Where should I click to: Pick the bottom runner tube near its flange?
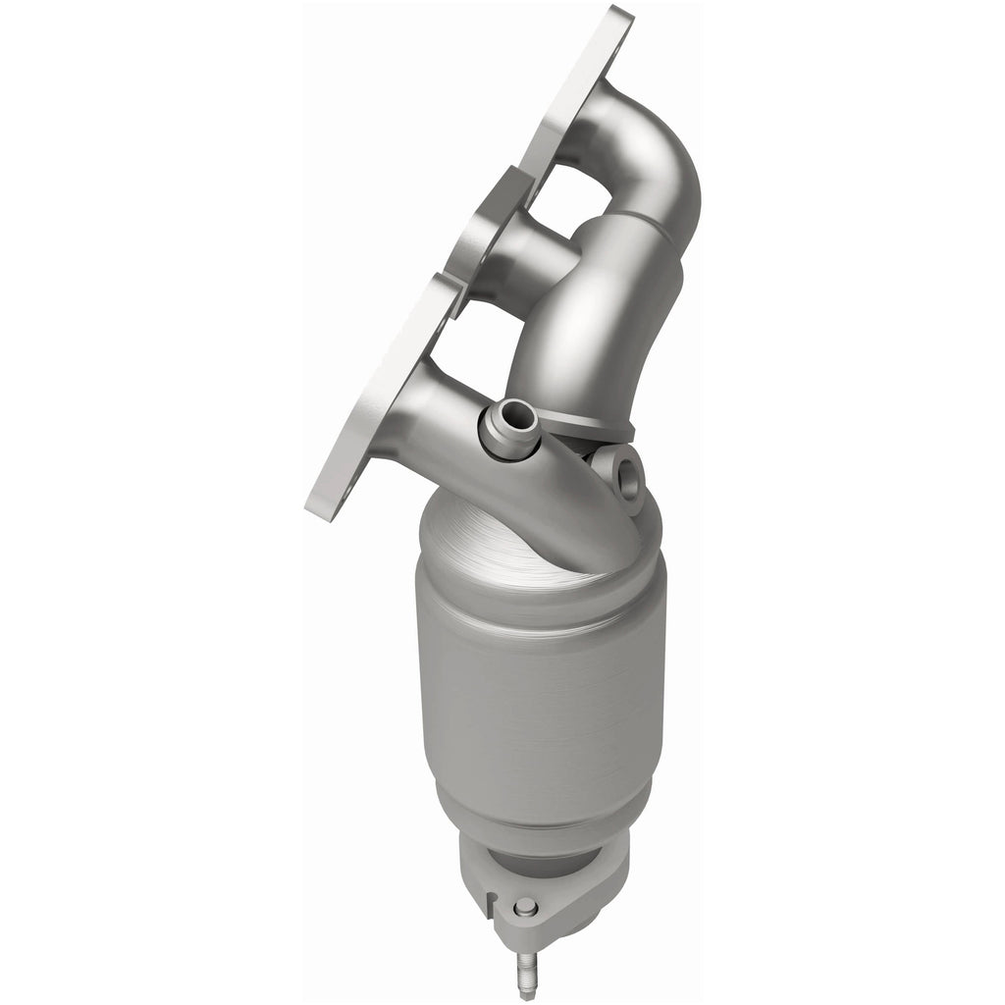pos(432,402)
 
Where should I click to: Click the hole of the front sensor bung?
pos(507,424)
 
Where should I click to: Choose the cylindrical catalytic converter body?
pos(540,687)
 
